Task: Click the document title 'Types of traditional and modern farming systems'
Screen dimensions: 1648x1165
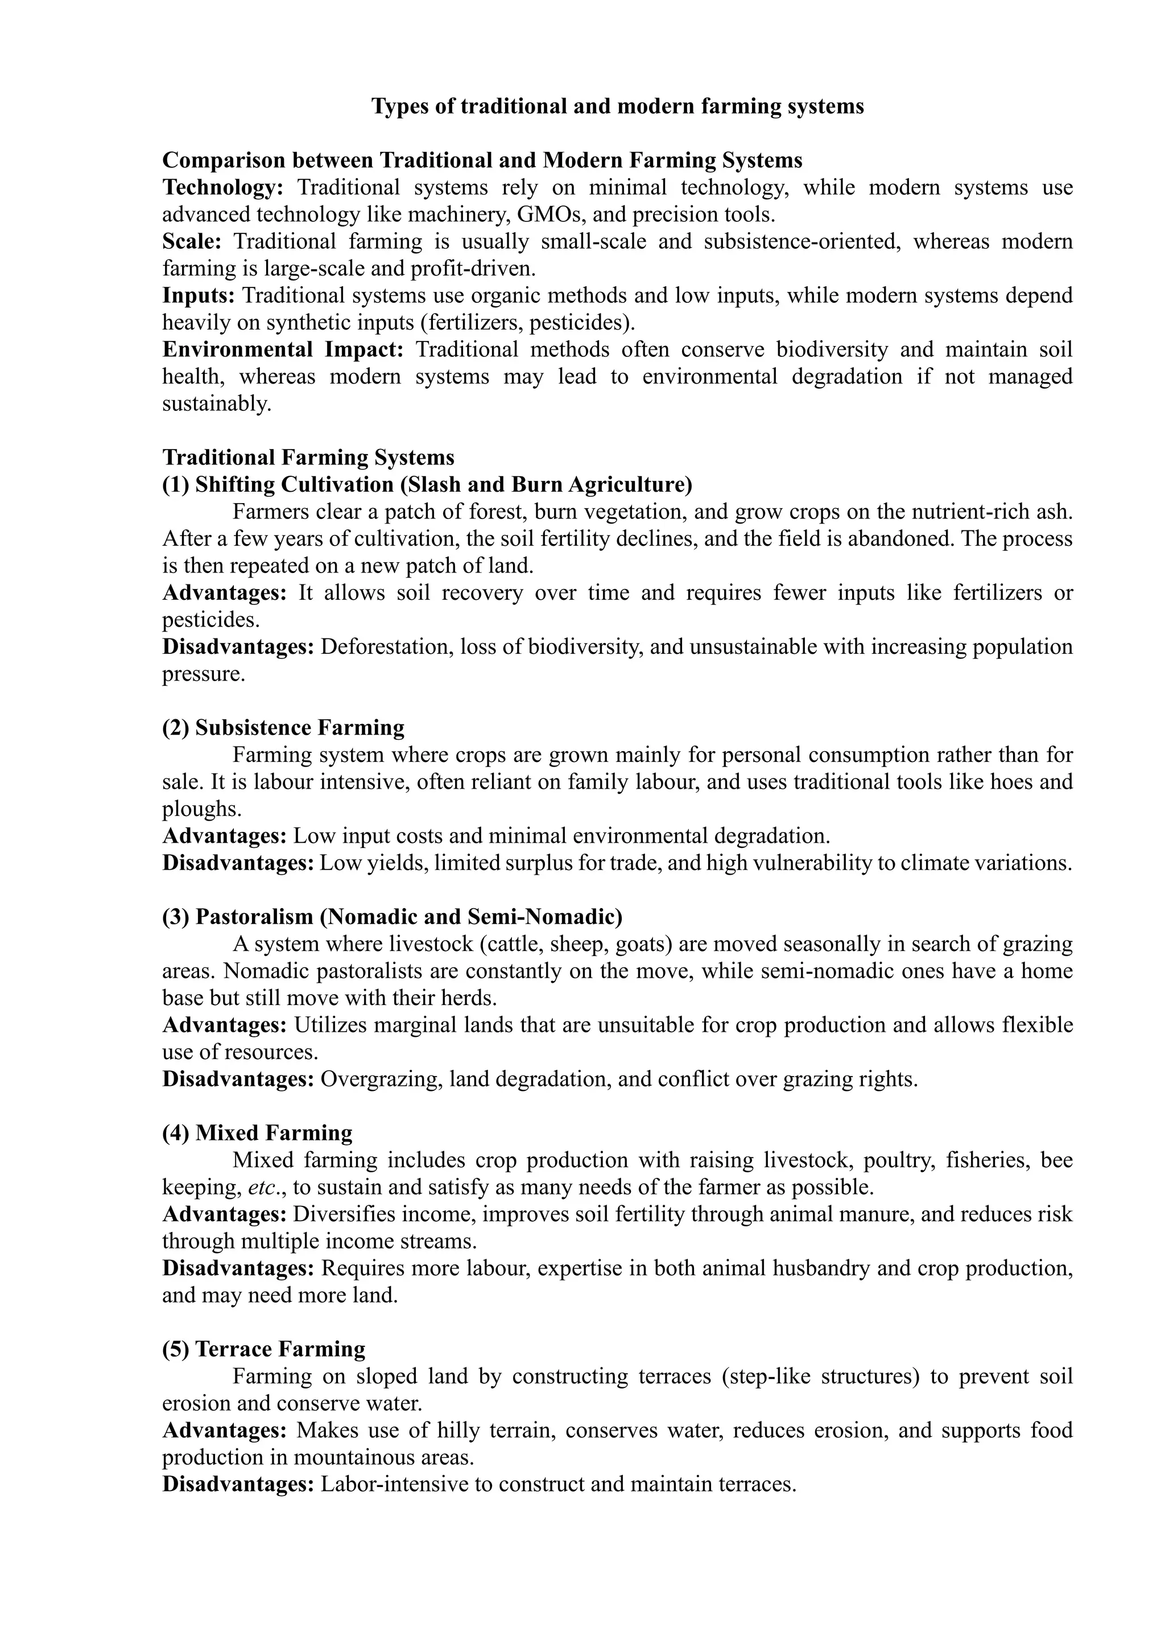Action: [x=617, y=106]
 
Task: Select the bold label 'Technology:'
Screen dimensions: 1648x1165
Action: [x=223, y=187]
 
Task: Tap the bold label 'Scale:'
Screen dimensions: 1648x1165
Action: [x=192, y=241]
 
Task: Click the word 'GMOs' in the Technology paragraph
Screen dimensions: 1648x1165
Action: [x=546, y=215]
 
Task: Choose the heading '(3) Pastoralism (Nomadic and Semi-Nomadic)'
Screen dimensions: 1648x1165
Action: [x=393, y=917]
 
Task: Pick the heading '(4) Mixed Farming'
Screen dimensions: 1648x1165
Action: [x=258, y=1132]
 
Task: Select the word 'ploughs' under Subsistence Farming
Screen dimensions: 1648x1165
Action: [x=201, y=809]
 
